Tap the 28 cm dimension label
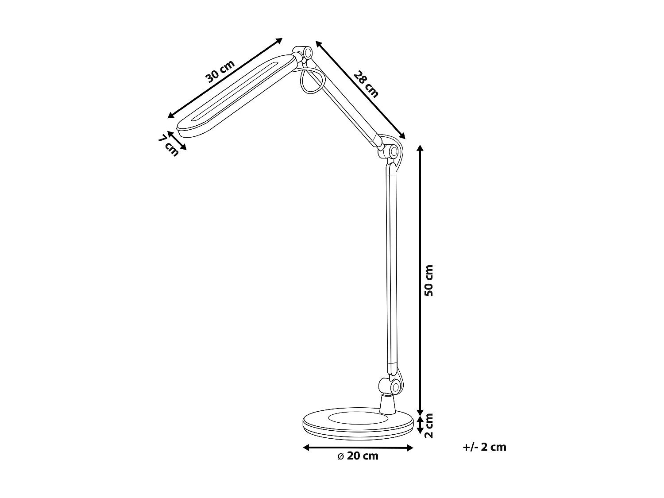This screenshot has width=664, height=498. pyautogui.click(x=366, y=84)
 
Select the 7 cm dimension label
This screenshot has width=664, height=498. pyautogui.click(x=168, y=145)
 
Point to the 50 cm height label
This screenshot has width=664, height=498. pyautogui.click(x=429, y=281)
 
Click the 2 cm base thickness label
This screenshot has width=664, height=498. pyautogui.click(x=429, y=425)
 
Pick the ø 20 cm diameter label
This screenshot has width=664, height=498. pyautogui.click(x=358, y=456)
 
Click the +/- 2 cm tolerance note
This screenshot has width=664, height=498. pyautogui.click(x=484, y=447)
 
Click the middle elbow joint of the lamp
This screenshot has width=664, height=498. pyautogui.click(x=391, y=152)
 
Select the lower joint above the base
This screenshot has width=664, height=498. pyautogui.click(x=393, y=386)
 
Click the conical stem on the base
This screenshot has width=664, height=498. pyautogui.click(x=387, y=405)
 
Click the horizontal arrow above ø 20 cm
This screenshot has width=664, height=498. pyautogui.click(x=358, y=448)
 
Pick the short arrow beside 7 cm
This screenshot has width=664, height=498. pyautogui.click(x=178, y=141)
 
